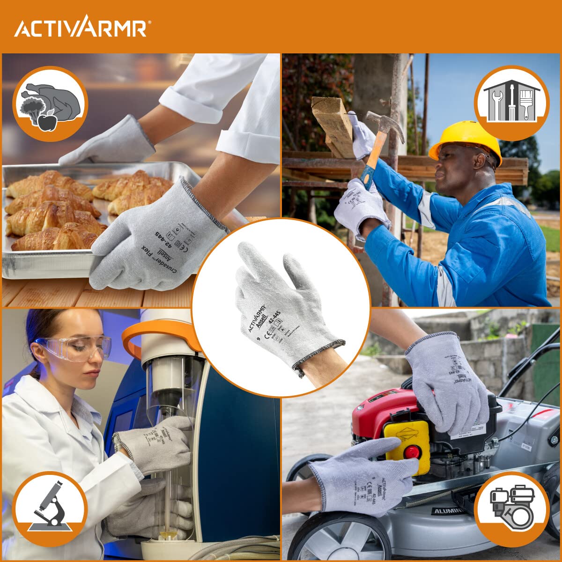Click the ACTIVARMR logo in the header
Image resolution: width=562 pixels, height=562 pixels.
(82, 27)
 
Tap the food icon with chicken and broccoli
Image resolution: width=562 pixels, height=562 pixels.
(50, 104)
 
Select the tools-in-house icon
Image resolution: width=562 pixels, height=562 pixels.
(511, 103)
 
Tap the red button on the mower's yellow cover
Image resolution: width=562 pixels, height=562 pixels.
(411, 452)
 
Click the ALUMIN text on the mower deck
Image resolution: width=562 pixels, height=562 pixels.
(447, 510)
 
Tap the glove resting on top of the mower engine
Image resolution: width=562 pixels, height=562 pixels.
(447, 379)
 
